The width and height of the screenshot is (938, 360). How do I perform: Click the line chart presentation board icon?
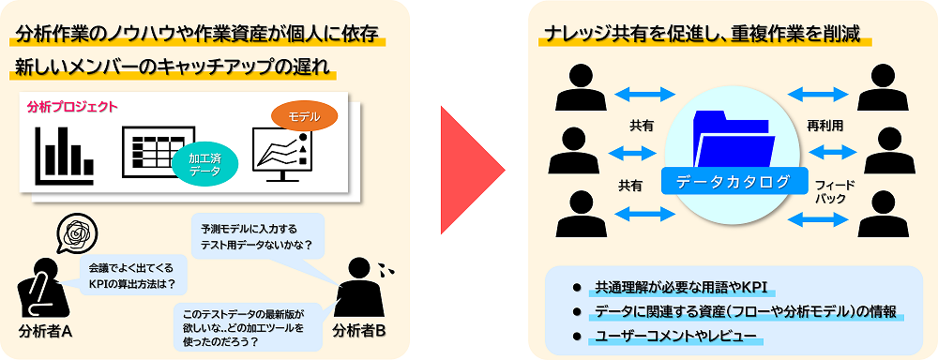(281, 152)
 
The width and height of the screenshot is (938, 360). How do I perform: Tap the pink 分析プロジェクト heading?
(73, 107)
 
